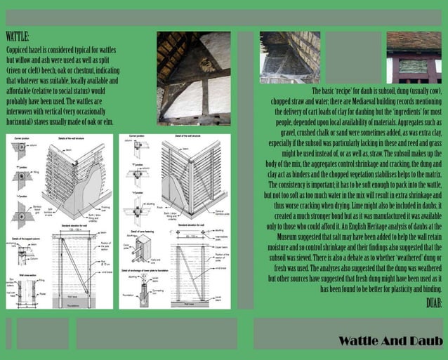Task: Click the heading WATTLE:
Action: coord(18,36)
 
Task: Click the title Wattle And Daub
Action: coord(390,341)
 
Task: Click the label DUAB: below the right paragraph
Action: coord(434,303)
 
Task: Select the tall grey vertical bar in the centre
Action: coord(245,168)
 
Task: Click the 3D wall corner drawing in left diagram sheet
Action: coord(84,175)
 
